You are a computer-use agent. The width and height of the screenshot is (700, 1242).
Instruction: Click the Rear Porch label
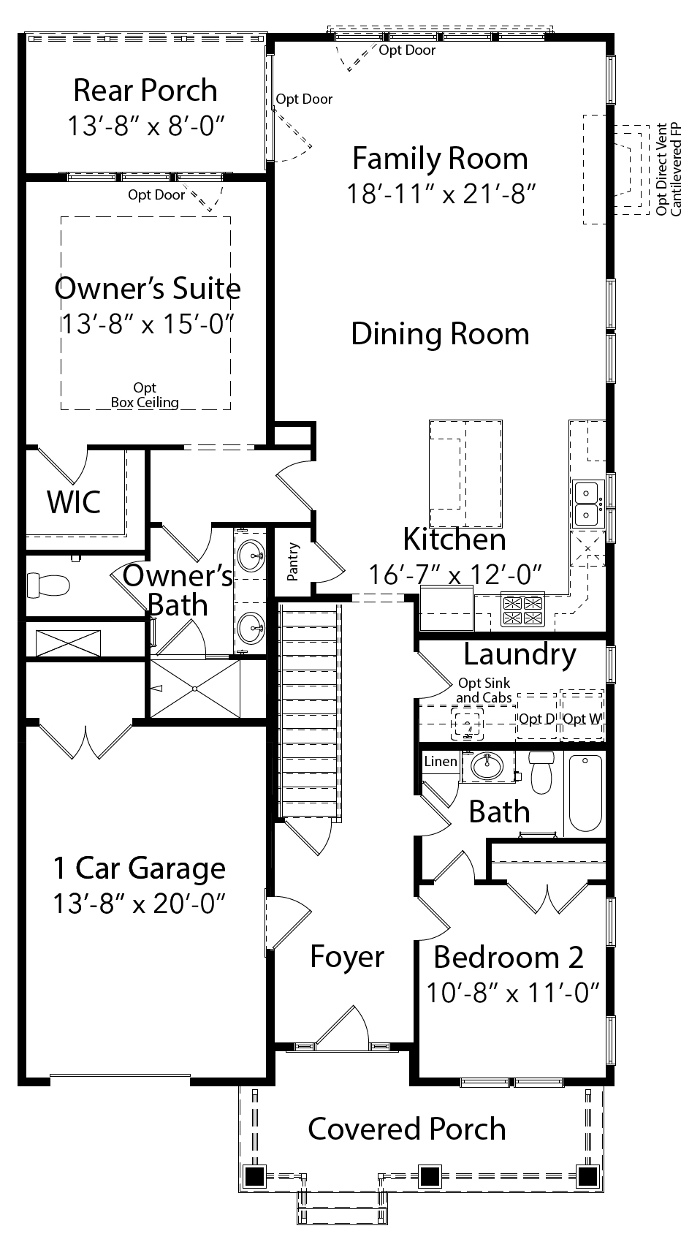point(145,91)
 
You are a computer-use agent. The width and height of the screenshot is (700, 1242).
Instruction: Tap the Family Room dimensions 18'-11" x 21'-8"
point(441,194)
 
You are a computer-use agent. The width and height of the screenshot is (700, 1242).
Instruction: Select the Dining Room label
point(440,333)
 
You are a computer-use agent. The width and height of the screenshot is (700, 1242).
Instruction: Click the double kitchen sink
point(587,504)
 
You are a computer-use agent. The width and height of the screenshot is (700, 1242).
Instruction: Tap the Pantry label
point(294,561)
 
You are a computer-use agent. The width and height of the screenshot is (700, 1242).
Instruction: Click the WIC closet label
point(73,502)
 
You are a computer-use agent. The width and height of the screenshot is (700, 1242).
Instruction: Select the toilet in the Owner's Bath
point(48,585)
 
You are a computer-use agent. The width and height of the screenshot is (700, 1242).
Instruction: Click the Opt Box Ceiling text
point(145,395)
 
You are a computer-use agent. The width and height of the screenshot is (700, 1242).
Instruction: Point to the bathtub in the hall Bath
point(585,793)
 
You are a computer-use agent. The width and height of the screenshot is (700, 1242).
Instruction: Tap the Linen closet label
point(441,762)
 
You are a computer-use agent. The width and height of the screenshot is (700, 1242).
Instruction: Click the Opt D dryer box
point(536,719)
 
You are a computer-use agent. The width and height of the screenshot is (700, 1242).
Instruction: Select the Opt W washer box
point(582,719)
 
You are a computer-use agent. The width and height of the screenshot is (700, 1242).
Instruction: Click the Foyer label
point(347,956)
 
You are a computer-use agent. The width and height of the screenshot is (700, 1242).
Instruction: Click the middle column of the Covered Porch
point(429,1176)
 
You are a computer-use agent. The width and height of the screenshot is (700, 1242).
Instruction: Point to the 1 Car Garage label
point(139,868)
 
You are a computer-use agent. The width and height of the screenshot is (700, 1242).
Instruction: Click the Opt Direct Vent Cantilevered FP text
point(668,168)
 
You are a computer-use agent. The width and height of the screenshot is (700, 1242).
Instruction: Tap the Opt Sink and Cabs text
point(484,690)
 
